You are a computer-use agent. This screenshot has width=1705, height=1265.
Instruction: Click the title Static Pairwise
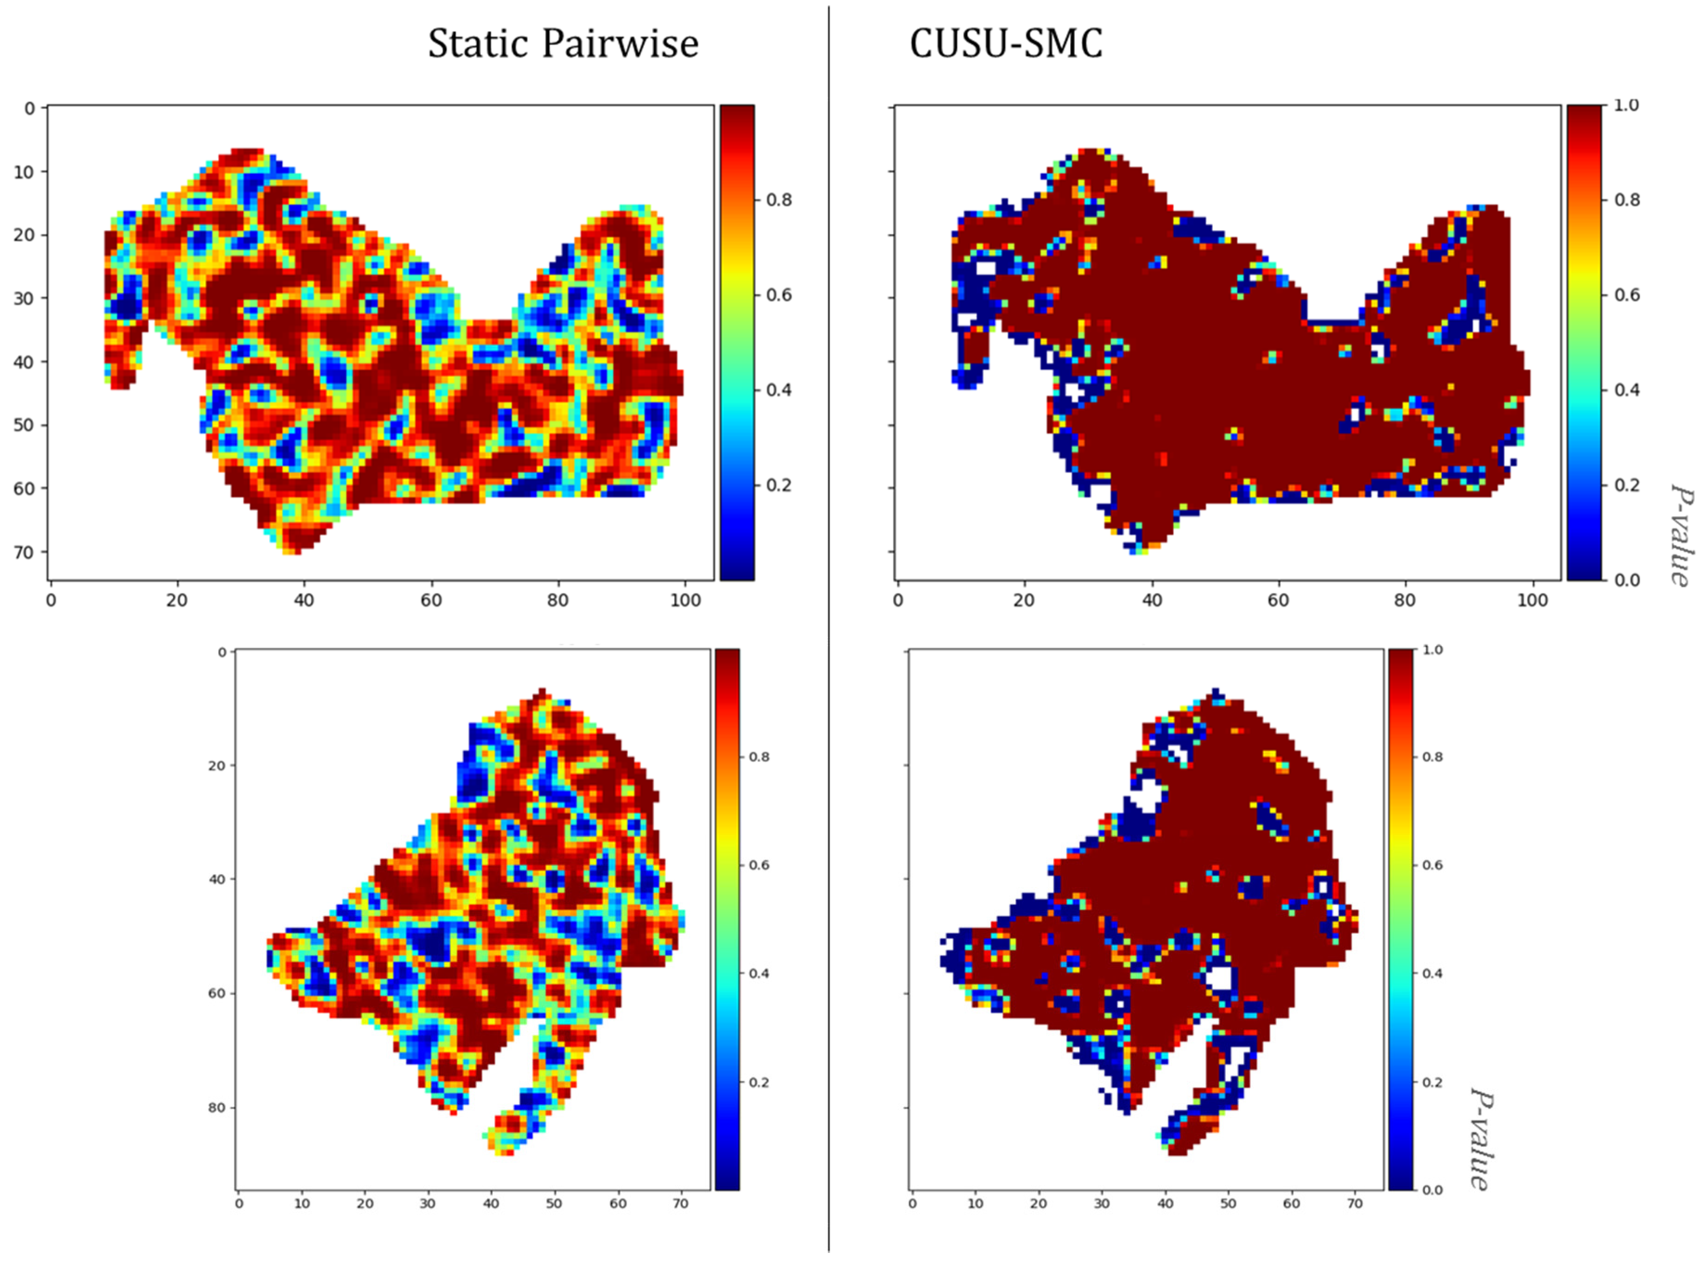pyautogui.click(x=563, y=44)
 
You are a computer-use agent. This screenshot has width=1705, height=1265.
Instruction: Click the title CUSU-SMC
pyautogui.click(x=1005, y=44)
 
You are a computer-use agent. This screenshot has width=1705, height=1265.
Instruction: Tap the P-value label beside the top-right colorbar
pyautogui.click(x=1681, y=534)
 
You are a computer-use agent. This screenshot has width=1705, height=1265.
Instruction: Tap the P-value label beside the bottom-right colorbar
pyautogui.click(x=1479, y=1139)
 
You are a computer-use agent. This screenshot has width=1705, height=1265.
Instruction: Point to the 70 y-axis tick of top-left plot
pyautogui.click(x=25, y=552)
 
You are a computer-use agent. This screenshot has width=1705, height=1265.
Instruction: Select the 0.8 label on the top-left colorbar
pyautogui.click(x=779, y=200)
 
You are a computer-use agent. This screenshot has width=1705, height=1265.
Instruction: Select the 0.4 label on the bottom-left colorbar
pyautogui.click(x=759, y=973)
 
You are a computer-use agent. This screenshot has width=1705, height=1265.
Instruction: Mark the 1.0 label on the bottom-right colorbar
pyautogui.click(x=1432, y=649)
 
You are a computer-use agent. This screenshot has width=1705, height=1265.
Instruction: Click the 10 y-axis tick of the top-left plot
pyautogui.click(x=25, y=172)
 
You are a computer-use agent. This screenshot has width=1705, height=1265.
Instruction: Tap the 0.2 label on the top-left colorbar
pyautogui.click(x=779, y=485)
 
